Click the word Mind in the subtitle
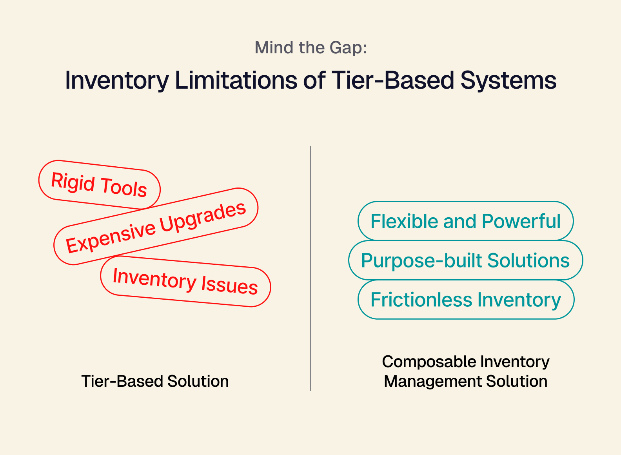click(274, 47)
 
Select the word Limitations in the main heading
click(236, 80)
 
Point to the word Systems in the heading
click(508, 81)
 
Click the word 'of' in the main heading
click(314, 80)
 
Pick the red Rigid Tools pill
click(99, 184)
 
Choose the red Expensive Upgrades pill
click(156, 226)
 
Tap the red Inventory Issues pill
click(185, 281)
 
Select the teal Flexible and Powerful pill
click(466, 221)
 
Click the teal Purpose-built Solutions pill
click(466, 260)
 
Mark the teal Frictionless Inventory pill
click(466, 300)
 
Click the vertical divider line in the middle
click(311, 268)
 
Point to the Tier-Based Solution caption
click(155, 381)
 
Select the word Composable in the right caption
click(428, 362)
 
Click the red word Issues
click(230, 285)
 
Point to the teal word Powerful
click(521, 221)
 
